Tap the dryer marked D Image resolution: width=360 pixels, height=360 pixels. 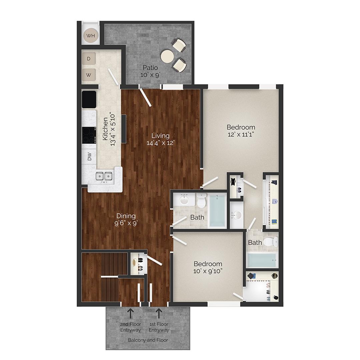point(89,59)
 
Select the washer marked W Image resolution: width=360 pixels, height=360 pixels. point(89,75)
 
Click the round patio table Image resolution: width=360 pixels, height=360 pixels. point(167,56)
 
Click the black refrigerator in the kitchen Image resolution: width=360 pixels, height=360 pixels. point(89,99)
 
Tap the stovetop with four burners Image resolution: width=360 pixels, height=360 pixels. point(89,135)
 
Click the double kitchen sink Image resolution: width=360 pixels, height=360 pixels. point(104,176)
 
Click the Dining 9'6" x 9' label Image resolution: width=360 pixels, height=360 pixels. point(126,219)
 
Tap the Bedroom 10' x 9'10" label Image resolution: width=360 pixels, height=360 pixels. point(208,267)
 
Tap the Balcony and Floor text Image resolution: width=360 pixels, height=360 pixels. point(148,340)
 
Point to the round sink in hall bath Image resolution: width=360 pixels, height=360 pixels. point(184,200)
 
